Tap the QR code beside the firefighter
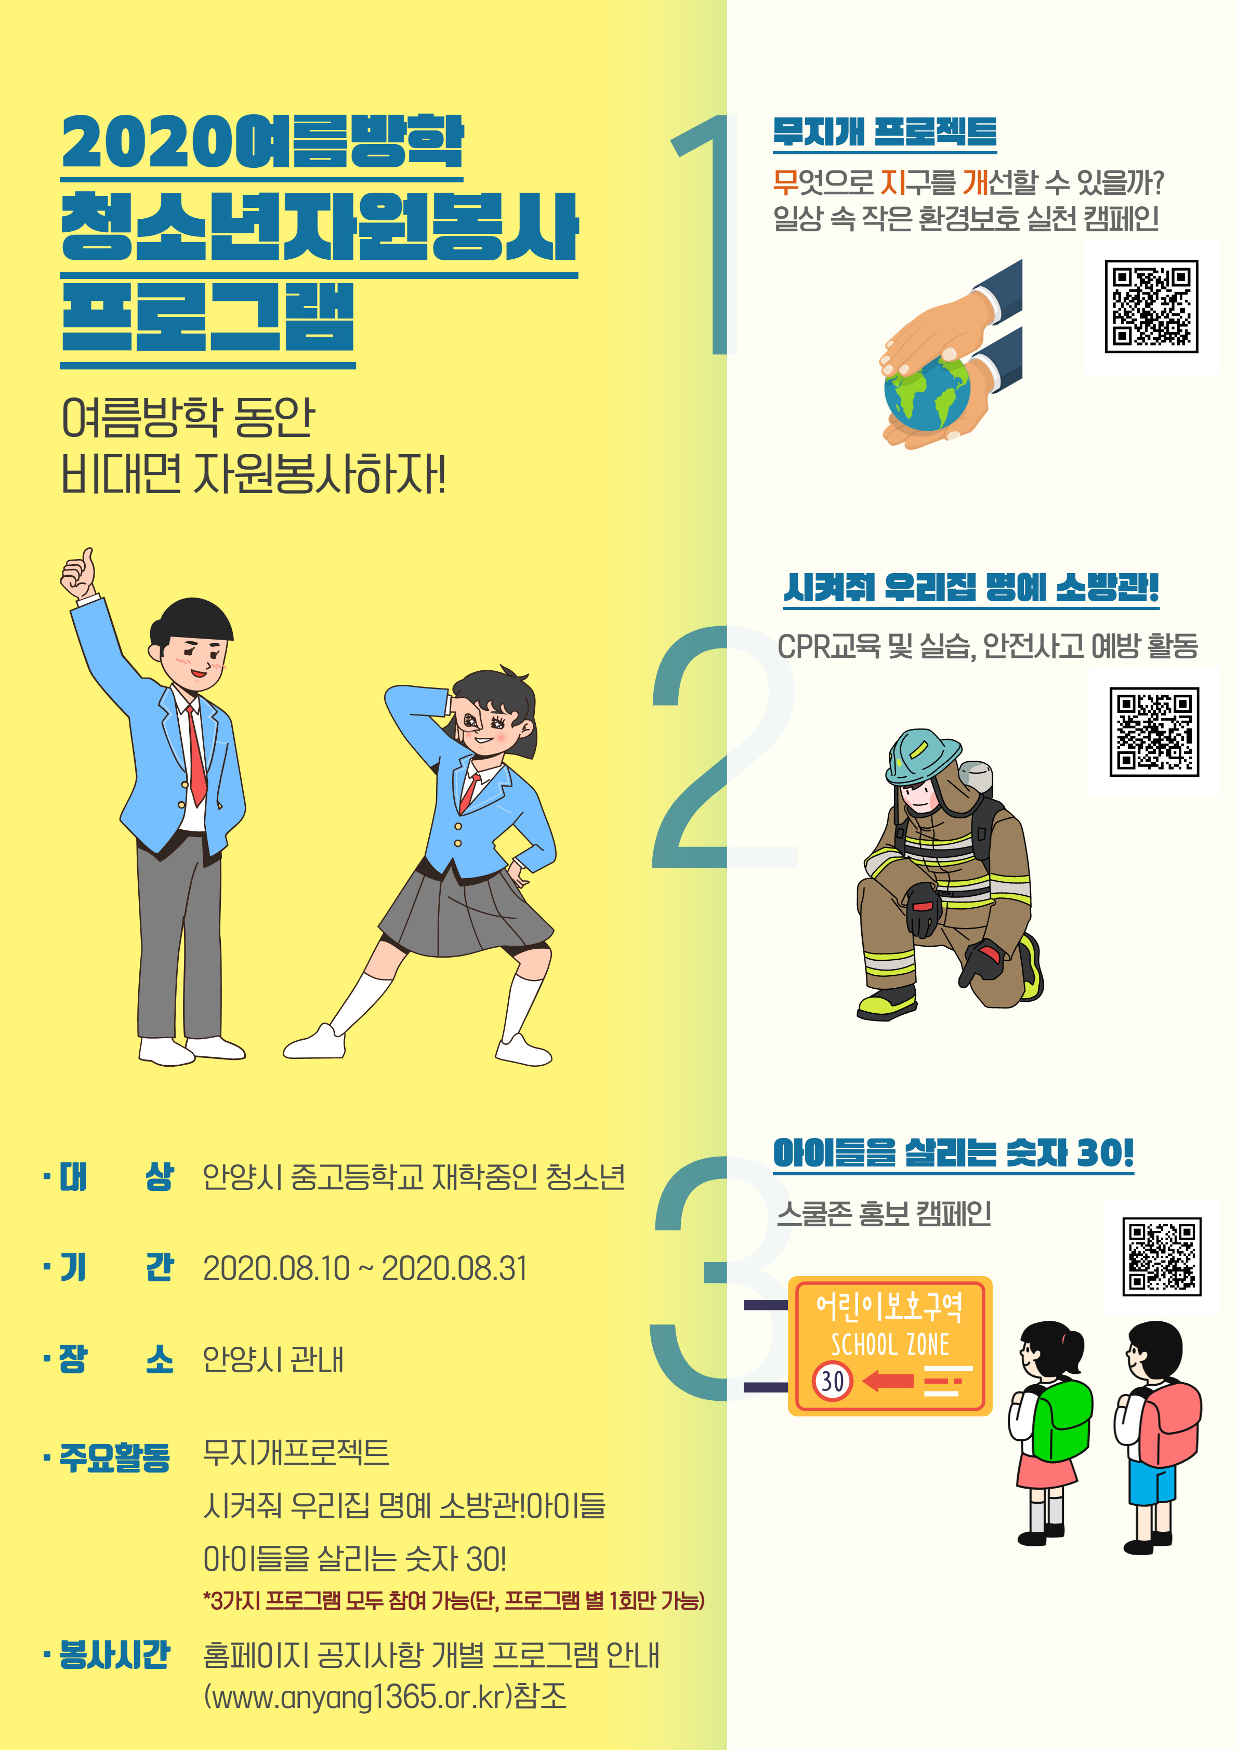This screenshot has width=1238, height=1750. [1154, 732]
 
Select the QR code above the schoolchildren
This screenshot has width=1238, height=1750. [1162, 1256]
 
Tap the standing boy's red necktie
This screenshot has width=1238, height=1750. [196, 754]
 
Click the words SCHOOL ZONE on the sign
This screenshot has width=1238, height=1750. [890, 1345]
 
